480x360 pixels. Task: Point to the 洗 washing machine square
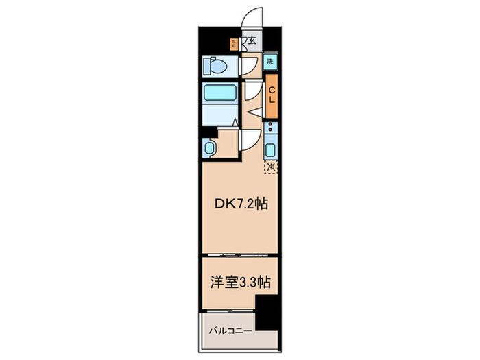coord(271,61)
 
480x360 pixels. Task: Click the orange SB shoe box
coord(235,44)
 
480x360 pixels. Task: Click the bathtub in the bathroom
coord(219,95)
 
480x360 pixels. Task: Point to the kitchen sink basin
coord(271,151)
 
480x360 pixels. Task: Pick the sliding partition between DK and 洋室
coord(238,256)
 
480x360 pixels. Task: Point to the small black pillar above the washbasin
coord(208,132)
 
